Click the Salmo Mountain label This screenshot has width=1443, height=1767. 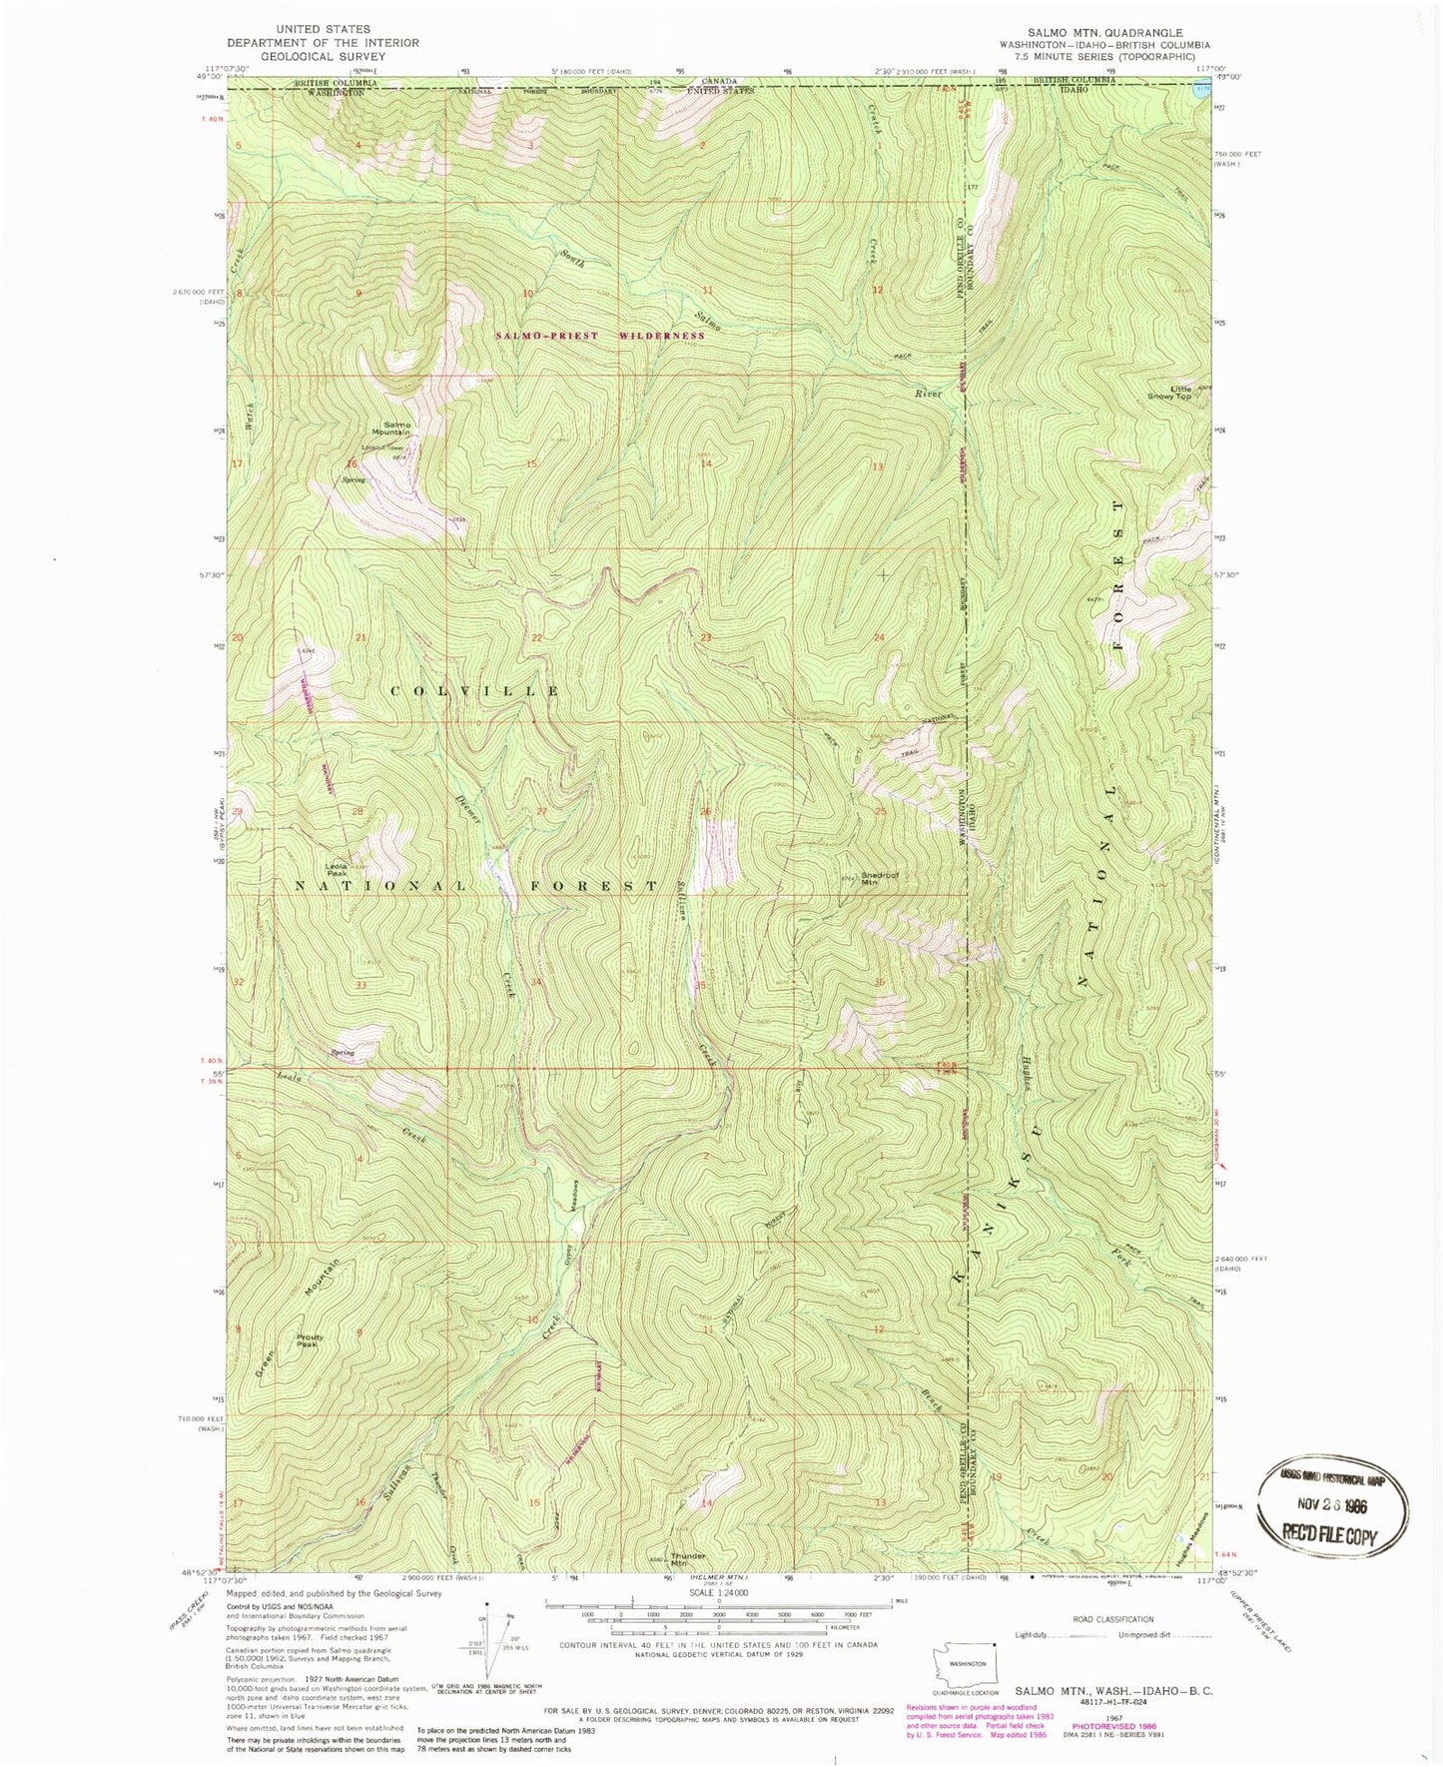click(x=390, y=429)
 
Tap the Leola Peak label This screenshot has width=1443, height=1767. click(x=336, y=869)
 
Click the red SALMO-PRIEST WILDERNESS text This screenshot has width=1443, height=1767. click(x=600, y=336)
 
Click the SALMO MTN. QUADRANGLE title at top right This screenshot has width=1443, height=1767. click(x=1098, y=32)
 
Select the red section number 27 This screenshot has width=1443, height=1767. click(x=541, y=811)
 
